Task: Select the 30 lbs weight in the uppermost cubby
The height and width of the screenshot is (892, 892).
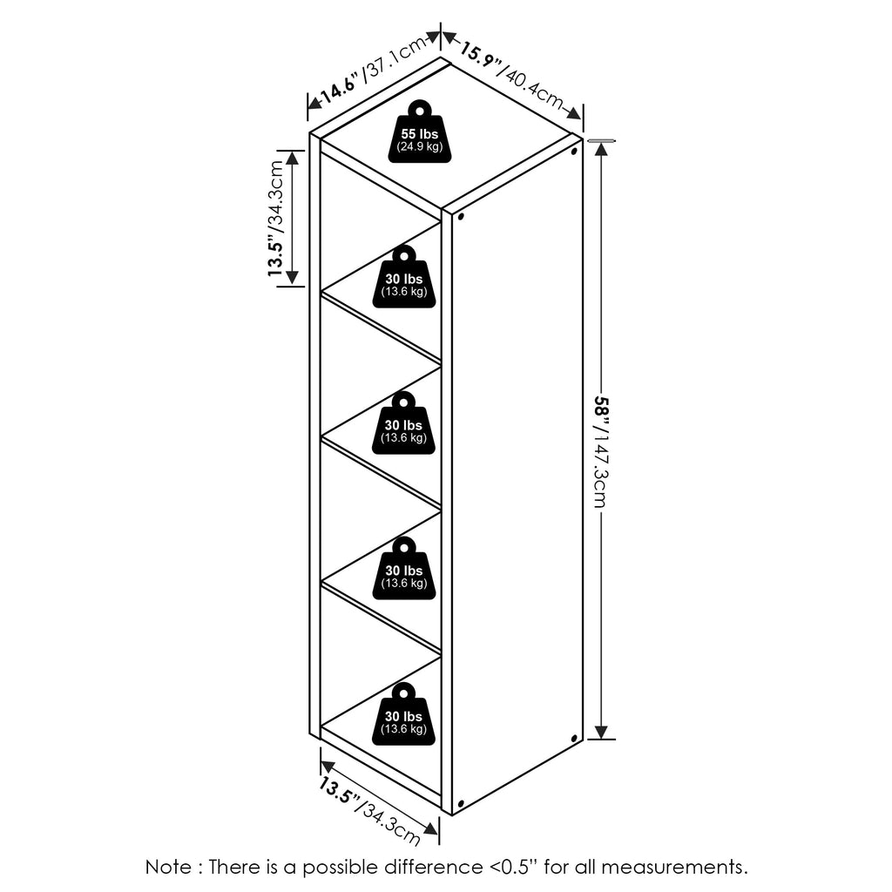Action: click(x=404, y=278)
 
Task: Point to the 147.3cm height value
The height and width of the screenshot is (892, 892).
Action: click(x=600, y=470)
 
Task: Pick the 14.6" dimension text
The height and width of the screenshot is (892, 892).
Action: click(x=339, y=88)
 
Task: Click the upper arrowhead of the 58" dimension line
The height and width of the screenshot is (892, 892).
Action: click(x=601, y=149)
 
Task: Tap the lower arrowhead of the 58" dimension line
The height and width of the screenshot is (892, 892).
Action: click(x=601, y=732)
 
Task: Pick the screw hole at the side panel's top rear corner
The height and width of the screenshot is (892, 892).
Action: click(x=574, y=152)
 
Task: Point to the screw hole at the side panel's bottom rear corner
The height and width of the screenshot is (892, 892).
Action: click(x=574, y=739)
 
